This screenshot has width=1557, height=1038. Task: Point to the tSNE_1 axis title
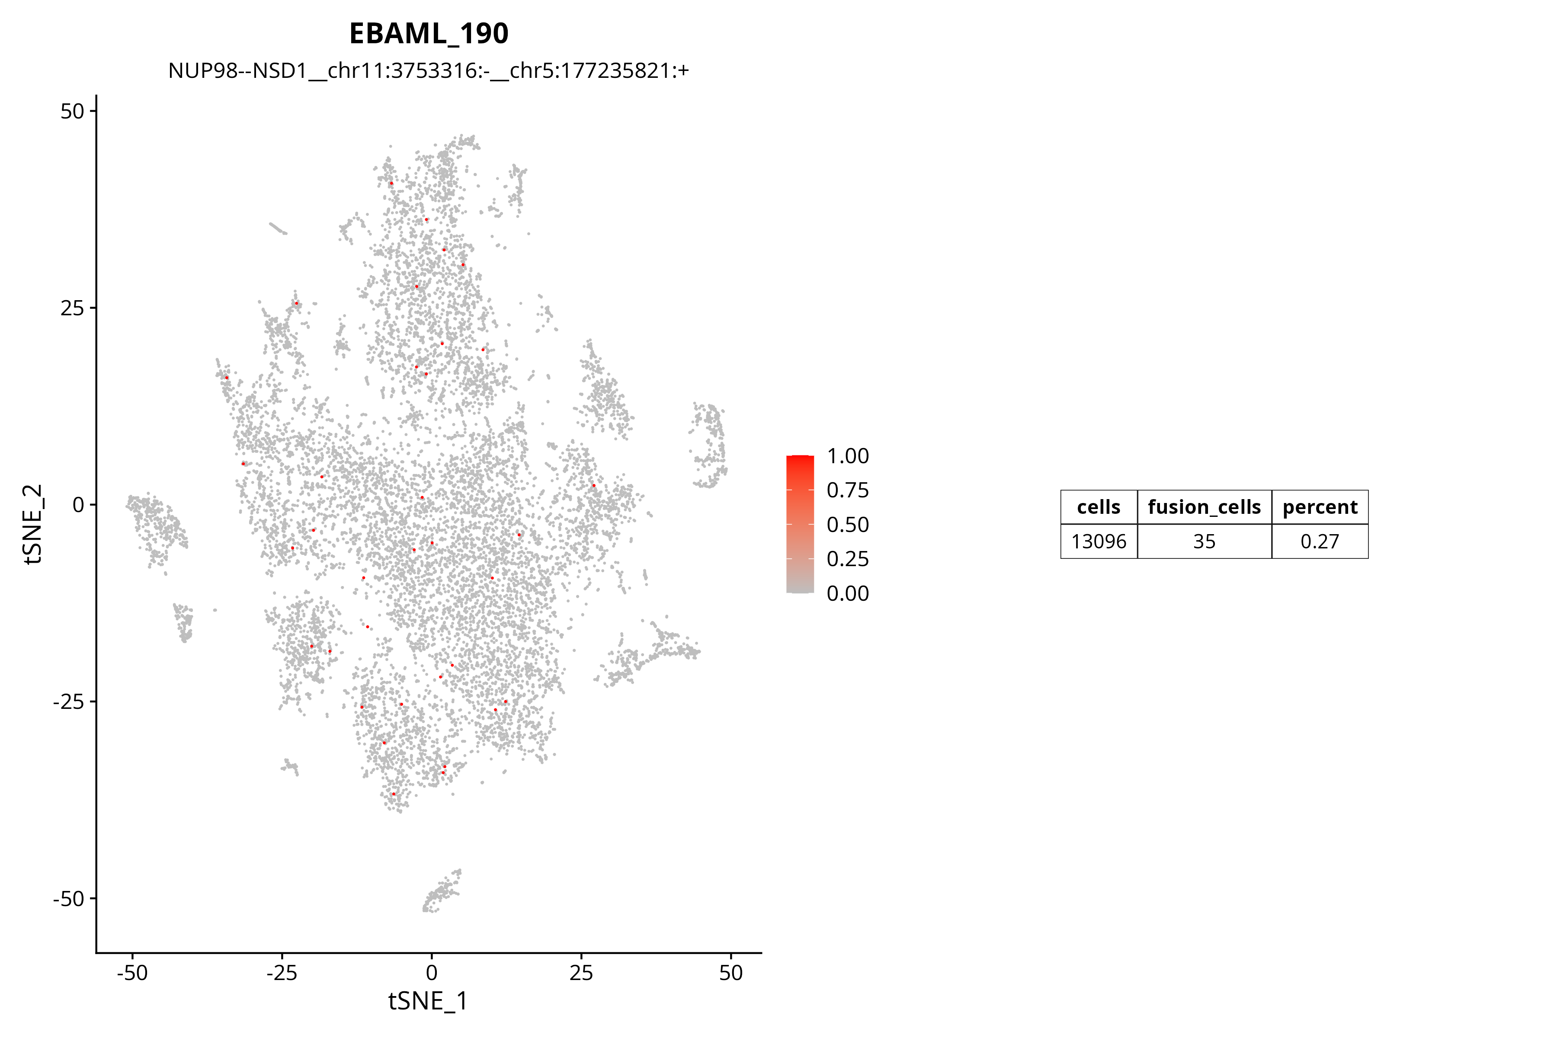[x=428, y=1000]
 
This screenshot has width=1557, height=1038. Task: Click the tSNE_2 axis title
[x=34, y=524]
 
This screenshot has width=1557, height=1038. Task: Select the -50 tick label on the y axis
[x=69, y=898]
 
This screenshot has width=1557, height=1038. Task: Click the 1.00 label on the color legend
[x=847, y=456]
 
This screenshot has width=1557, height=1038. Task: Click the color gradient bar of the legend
[x=800, y=524]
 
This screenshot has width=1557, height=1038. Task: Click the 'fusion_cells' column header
[x=1204, y=507]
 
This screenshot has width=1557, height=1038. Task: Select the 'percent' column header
[x=1320, y=507]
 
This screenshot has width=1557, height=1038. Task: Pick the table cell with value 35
[x=1204, y=541]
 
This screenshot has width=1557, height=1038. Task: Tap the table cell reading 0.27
[x=1320, y=541]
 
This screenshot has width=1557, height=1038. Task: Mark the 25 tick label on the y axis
[x=72, y=308]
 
